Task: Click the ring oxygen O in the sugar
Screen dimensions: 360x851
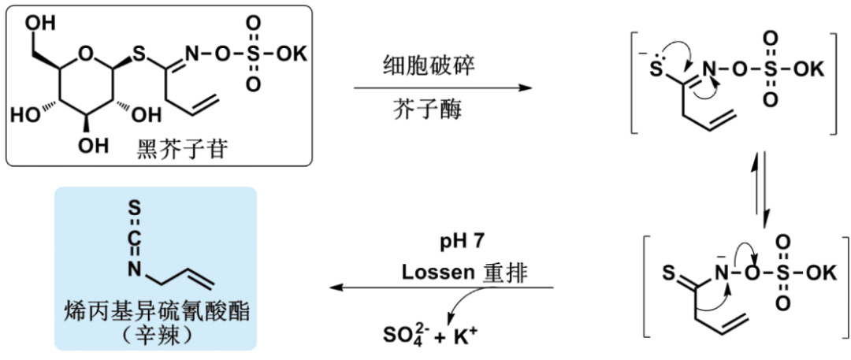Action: (87, 54)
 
